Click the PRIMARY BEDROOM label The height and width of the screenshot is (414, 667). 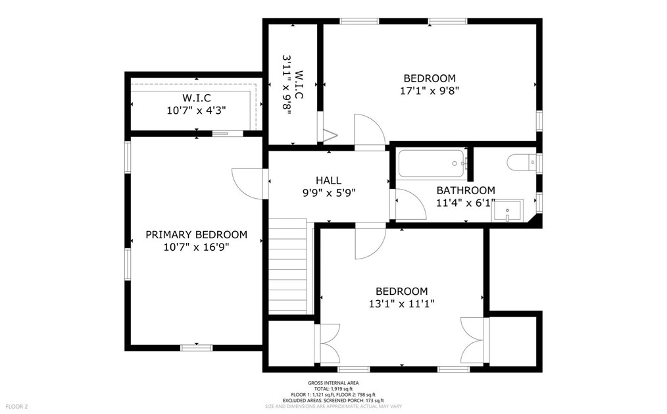point(196,234)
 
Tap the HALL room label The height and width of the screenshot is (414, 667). point(328,180)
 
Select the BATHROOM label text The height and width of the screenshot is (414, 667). point(466,190)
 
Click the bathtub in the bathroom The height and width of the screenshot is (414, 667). point(431,163)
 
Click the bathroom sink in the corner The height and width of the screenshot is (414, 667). point(508,211)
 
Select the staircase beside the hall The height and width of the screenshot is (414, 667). point(288,267)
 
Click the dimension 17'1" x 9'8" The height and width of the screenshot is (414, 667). point(430,91)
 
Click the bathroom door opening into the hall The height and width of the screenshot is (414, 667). point(405,204)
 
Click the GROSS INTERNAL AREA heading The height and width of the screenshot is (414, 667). point(333,383)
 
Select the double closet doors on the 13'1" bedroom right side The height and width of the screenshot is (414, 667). point(474,340)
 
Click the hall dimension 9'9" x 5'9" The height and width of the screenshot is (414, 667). point(328,193)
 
